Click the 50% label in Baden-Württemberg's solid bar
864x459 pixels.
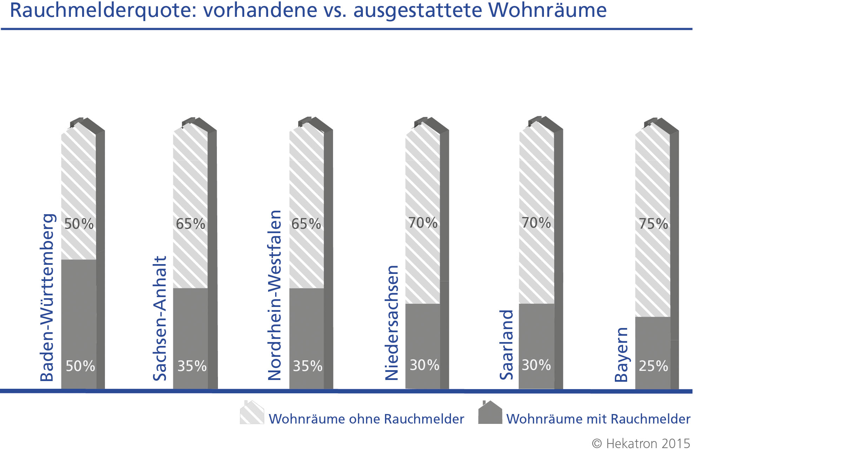click(80, 366)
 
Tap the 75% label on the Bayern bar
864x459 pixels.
click(653, 224)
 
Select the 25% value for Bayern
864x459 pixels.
click(653, 366)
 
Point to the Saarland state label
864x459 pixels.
click(506, 345)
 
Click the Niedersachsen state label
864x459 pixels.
click(392, 323)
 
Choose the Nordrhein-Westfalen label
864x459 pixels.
click(275, 295)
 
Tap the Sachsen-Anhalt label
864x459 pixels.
click(160, 319)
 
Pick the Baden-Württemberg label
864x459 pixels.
click(47, 297)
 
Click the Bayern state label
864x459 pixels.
click(621, 354)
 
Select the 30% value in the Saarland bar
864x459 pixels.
click(536, 365)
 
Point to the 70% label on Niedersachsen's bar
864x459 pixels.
click(423, 223)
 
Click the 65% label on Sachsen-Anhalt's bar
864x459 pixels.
click(191, 224)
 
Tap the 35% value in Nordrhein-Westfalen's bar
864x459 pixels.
click(307, 366)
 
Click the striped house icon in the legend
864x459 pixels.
click(252, 412)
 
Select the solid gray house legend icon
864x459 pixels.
click(490, 412)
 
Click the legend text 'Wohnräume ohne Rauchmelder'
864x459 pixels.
click(366, 419)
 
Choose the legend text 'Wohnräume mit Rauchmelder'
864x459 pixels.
click(598, 419)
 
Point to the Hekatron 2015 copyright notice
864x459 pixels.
click(641, 444)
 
